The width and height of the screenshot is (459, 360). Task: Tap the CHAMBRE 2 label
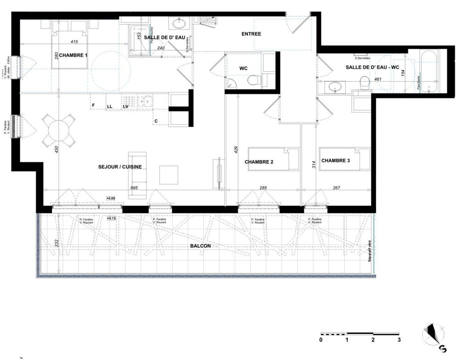259,162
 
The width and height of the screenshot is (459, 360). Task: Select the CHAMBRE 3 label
336,161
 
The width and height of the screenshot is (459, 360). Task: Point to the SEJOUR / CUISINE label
119,167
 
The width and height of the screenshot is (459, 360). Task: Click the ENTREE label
252,34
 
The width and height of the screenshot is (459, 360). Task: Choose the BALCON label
200,246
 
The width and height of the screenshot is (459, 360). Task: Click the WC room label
243,68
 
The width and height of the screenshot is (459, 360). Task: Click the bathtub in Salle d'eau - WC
430,72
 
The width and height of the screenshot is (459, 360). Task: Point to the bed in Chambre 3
345,159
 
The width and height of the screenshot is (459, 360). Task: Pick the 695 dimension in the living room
134,188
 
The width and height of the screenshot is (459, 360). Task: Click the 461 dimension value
378,79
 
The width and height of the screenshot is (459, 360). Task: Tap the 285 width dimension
263,188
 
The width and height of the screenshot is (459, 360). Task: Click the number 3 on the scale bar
399,340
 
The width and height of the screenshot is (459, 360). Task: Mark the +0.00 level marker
111,198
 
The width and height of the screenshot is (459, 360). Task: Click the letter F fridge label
94,106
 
